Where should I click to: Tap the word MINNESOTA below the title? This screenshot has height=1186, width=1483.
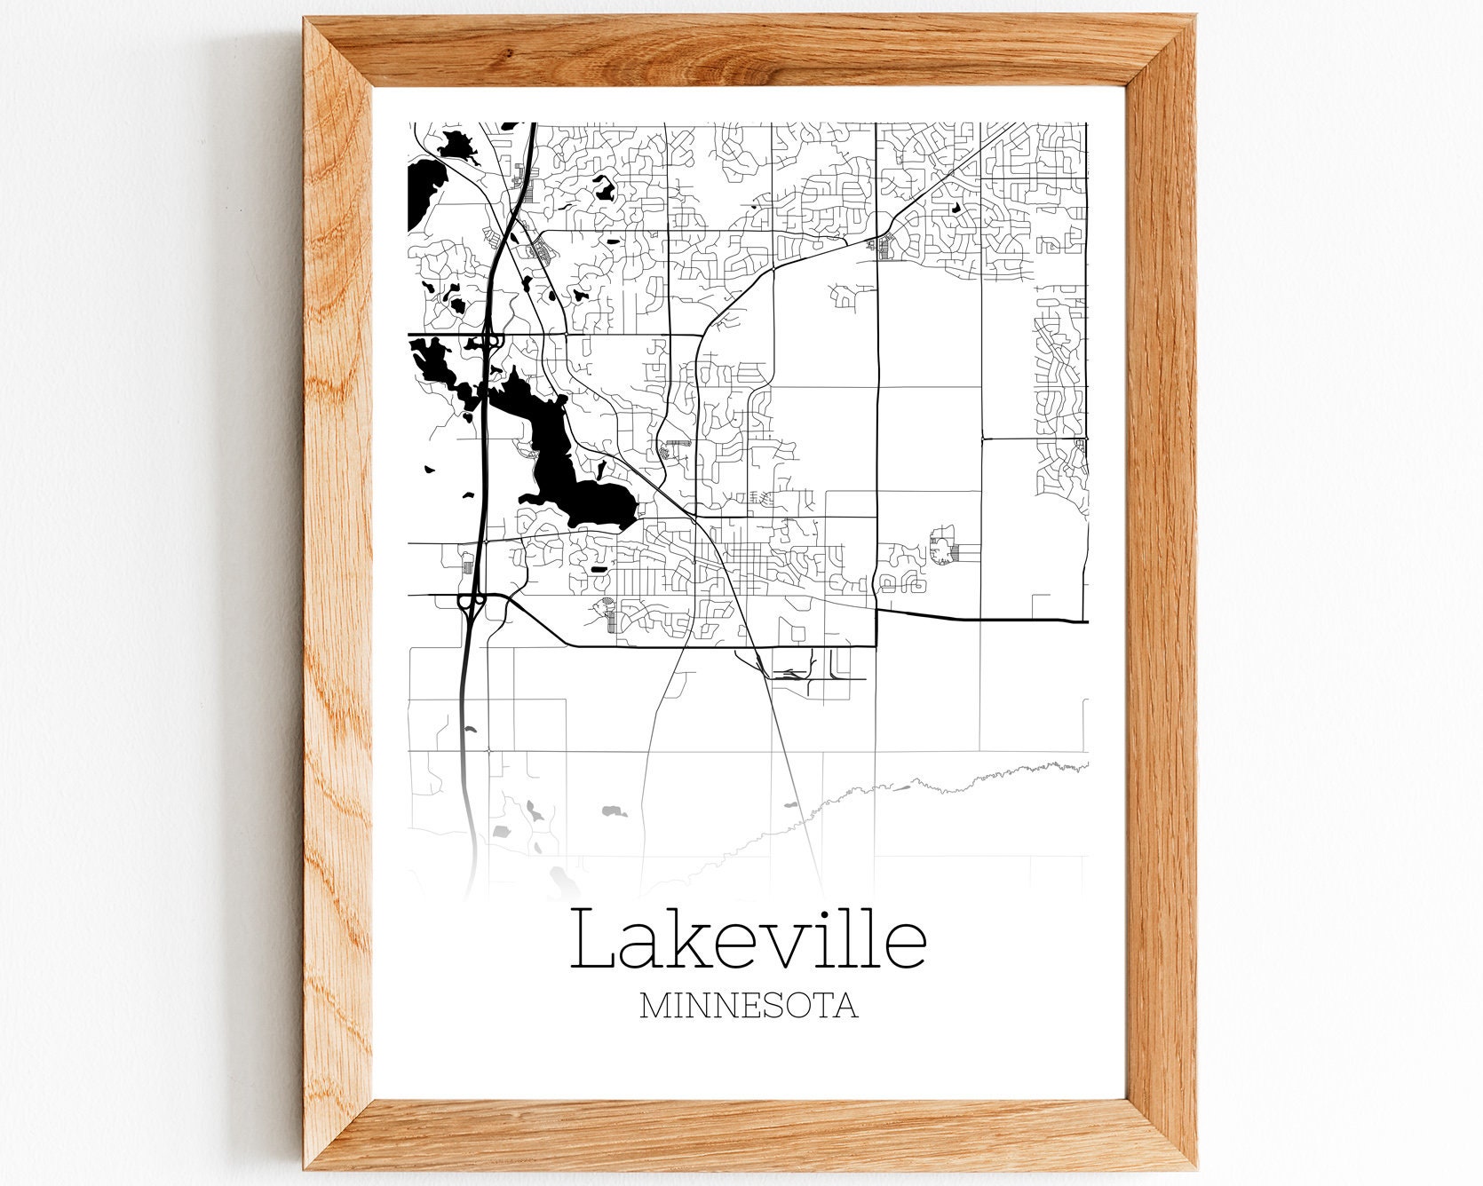tap(748, 1006)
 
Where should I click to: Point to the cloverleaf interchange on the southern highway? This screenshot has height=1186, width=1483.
tap(471, 603)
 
